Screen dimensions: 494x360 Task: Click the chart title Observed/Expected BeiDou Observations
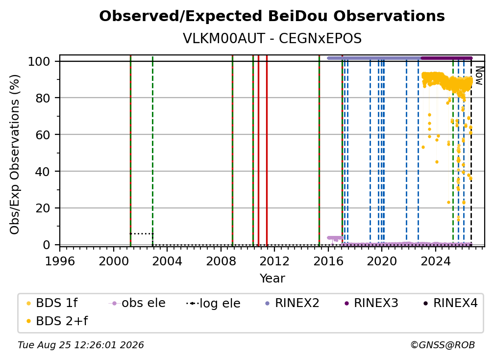click(x=272, y=16)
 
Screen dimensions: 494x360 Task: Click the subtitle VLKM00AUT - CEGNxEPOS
click(x=272, y=38)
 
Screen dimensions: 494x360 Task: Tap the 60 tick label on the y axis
click(x=43, y=134)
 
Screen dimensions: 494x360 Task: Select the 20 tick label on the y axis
click(x=43, y=208)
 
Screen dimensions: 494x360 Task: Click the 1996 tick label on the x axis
click(x=60, y=261)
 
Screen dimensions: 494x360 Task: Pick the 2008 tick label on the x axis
click(x=221, y=261)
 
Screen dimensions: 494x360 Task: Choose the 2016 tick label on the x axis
click(x=328, y=261)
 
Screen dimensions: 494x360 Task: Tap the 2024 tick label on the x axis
click(x=435, y=261)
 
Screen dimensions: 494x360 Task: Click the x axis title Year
click(x=272, y=279)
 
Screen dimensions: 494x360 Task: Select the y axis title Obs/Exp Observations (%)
click(x=15, y=154)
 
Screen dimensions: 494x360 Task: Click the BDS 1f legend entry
click(x=51, y=303)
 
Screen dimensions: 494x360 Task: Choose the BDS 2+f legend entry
click(x=57, y=321)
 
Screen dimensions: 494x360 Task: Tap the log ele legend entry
click(x=213, y=303)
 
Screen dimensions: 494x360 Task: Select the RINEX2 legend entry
click(x=292, y=303)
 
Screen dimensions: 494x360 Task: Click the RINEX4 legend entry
click(x=450, y=303)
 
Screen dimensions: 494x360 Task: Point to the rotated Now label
click(x=479, y=76)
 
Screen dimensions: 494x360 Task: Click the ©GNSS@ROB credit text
click(x=443, y=345)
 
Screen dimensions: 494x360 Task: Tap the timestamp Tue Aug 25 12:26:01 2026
click(x=81, y=345)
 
